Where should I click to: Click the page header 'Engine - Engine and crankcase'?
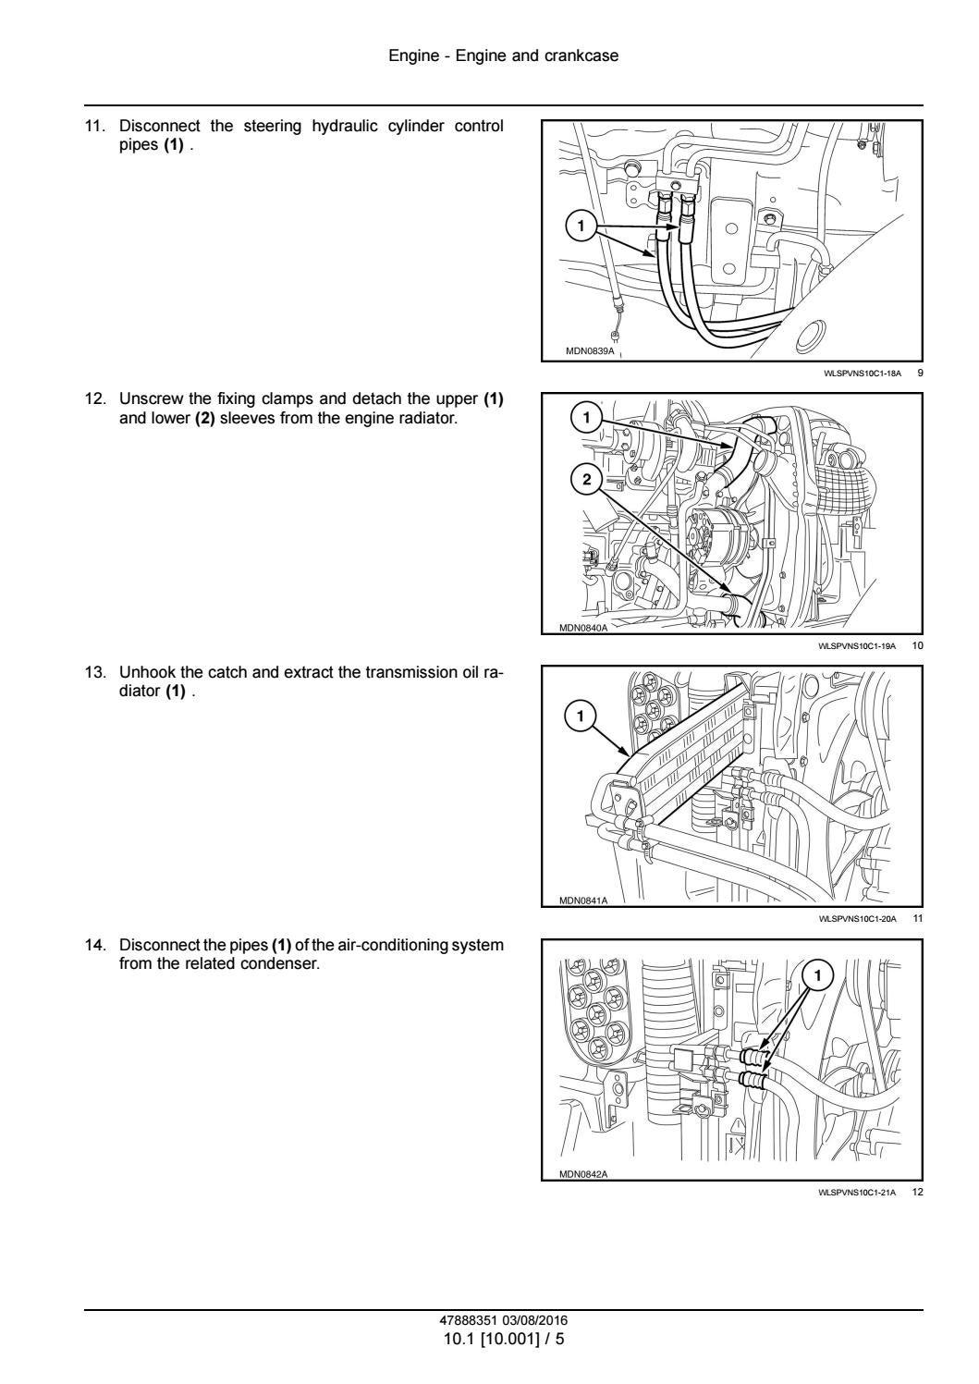pos(503,55)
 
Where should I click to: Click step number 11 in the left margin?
pos(94,126)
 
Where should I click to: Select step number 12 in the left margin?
pos(94,398)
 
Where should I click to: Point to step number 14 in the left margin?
pos(94,945)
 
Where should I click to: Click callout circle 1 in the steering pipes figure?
pos(581,225)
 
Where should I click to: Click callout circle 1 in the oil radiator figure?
pos(581,715)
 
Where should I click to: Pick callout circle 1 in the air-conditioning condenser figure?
pos(819,974)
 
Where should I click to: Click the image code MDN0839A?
pos(589,351)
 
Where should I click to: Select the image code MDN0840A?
pos(583,628)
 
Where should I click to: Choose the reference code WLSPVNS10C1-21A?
pos(857,1193)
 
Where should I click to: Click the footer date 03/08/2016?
pos(541,1320)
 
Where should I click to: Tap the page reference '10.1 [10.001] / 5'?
pos(503,1338)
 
